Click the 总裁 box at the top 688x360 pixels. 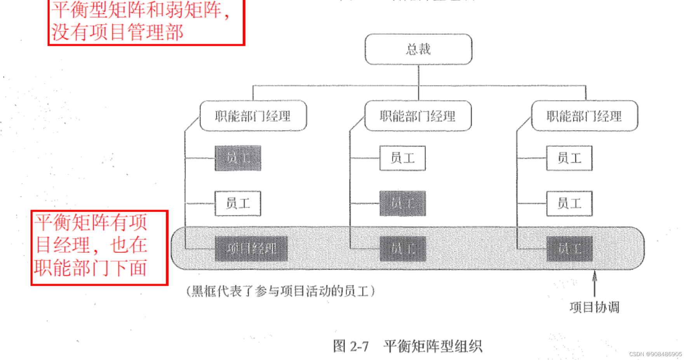[x=418, y=49]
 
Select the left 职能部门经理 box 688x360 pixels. [x=253, y=116]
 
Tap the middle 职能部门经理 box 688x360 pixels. [x=418, y=116]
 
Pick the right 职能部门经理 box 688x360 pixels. [x=584, y=116]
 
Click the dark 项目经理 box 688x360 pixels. [x=251, y=249]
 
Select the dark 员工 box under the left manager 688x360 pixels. [x=238, y=158]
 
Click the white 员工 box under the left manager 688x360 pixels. [x=238, y=203]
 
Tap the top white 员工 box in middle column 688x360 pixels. [x=402, y=158]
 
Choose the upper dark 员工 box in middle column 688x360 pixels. [x=402, y=203]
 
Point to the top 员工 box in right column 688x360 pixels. [x=569, y=158]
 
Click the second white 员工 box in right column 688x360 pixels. [x=569, y=203]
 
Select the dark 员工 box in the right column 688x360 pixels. [x=569, y=249]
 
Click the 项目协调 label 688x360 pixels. [x=594, y=307]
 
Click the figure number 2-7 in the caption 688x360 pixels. [x=359, y=346]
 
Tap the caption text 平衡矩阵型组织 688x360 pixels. [x=432, y=346]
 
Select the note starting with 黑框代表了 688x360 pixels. [x=280, y=291]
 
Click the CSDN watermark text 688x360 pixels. [x=655, y=354]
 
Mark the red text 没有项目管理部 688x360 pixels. [x=117, y=32]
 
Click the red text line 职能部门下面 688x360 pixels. [x=90, y=268]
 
